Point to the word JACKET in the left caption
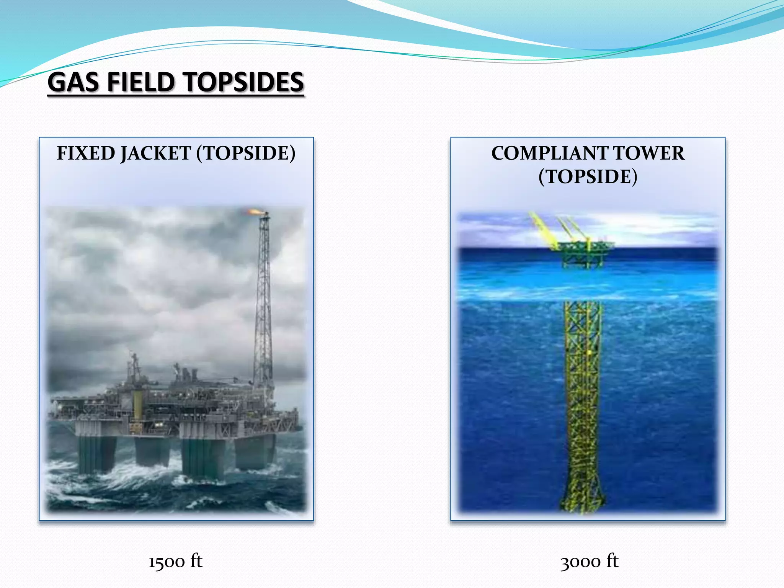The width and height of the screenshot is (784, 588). (x=156, y=153)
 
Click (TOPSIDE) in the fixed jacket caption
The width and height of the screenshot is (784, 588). (x=246, y=153)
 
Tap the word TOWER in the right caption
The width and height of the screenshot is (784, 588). (x=650, y=153)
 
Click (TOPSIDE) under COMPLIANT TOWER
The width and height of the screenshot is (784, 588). (x=588, y=176)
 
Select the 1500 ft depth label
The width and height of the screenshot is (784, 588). (x=175, y=562)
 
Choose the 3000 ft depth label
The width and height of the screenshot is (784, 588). (x=589, y=562)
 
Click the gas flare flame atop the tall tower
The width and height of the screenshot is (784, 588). (x=253, y=211)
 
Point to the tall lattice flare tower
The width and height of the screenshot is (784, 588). (x=263, y=299)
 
